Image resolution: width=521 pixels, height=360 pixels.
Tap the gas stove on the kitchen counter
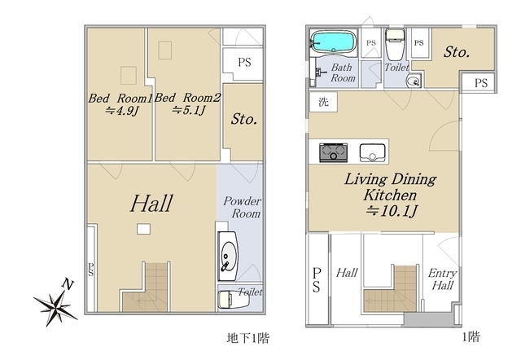(333, 152)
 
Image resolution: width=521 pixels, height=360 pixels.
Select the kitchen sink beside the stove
(372, 152)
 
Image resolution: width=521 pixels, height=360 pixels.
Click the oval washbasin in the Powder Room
(228, 256)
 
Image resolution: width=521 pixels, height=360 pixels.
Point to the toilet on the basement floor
(234, 299)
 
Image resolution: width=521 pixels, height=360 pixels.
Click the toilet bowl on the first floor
(395, 44)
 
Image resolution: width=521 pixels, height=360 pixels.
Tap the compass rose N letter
(68, 285)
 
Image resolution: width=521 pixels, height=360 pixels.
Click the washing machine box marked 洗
(323, 102)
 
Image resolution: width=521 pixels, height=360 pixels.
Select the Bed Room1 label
(120, 98)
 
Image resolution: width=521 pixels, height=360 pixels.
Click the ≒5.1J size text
(188, 110)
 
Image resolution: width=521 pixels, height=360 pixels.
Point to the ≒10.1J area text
(392, 211)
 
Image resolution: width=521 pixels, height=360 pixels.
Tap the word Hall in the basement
(151, 204)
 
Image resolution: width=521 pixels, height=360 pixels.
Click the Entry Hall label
(442, 279)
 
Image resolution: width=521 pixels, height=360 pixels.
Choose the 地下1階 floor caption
(248, 338)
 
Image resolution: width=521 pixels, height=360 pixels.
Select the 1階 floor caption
(471, 337)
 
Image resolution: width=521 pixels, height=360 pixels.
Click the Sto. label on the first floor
(457, 52)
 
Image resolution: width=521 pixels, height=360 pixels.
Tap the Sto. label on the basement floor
(244, 119)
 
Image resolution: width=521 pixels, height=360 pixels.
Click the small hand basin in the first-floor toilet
(414, 81)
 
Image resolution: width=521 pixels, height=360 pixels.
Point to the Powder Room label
(243, 207)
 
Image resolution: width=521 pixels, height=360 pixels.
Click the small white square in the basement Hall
(143, 229)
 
